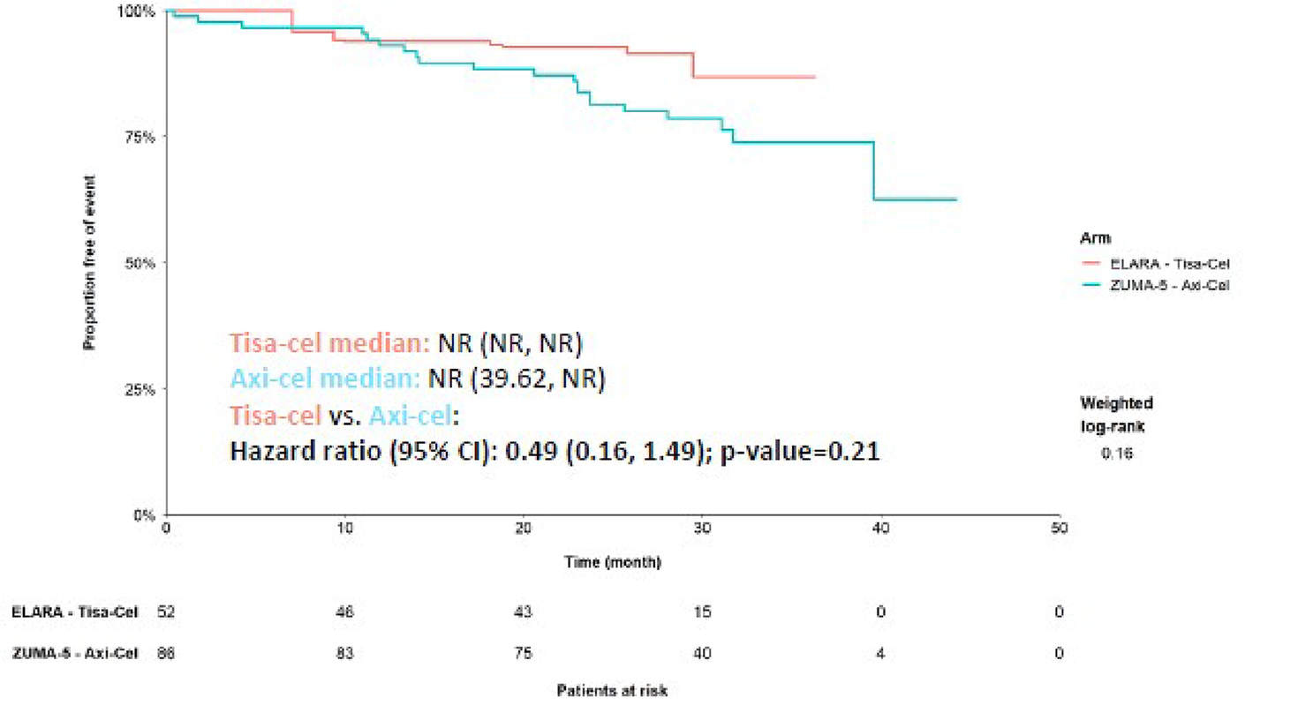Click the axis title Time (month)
tap(612, 561)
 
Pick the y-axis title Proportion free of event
tap(89, 263)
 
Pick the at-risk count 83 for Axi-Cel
tap(345, 654)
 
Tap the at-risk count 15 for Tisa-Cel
tap(703, 611)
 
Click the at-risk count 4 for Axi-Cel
tap(881, 654)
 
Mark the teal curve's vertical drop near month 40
tap(873, 172)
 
